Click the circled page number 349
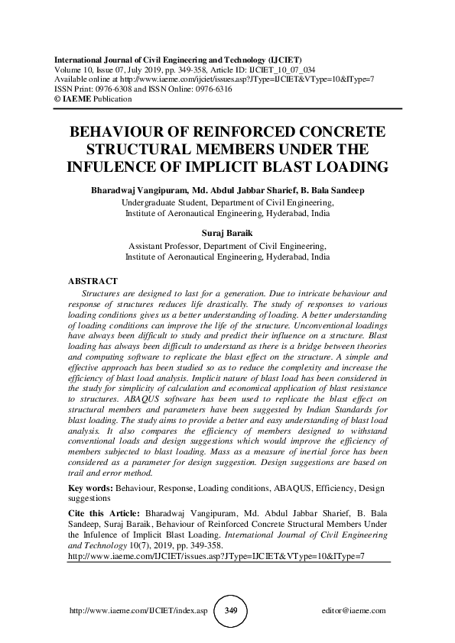[x=227, y=611]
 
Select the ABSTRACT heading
[x=93, y=281]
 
